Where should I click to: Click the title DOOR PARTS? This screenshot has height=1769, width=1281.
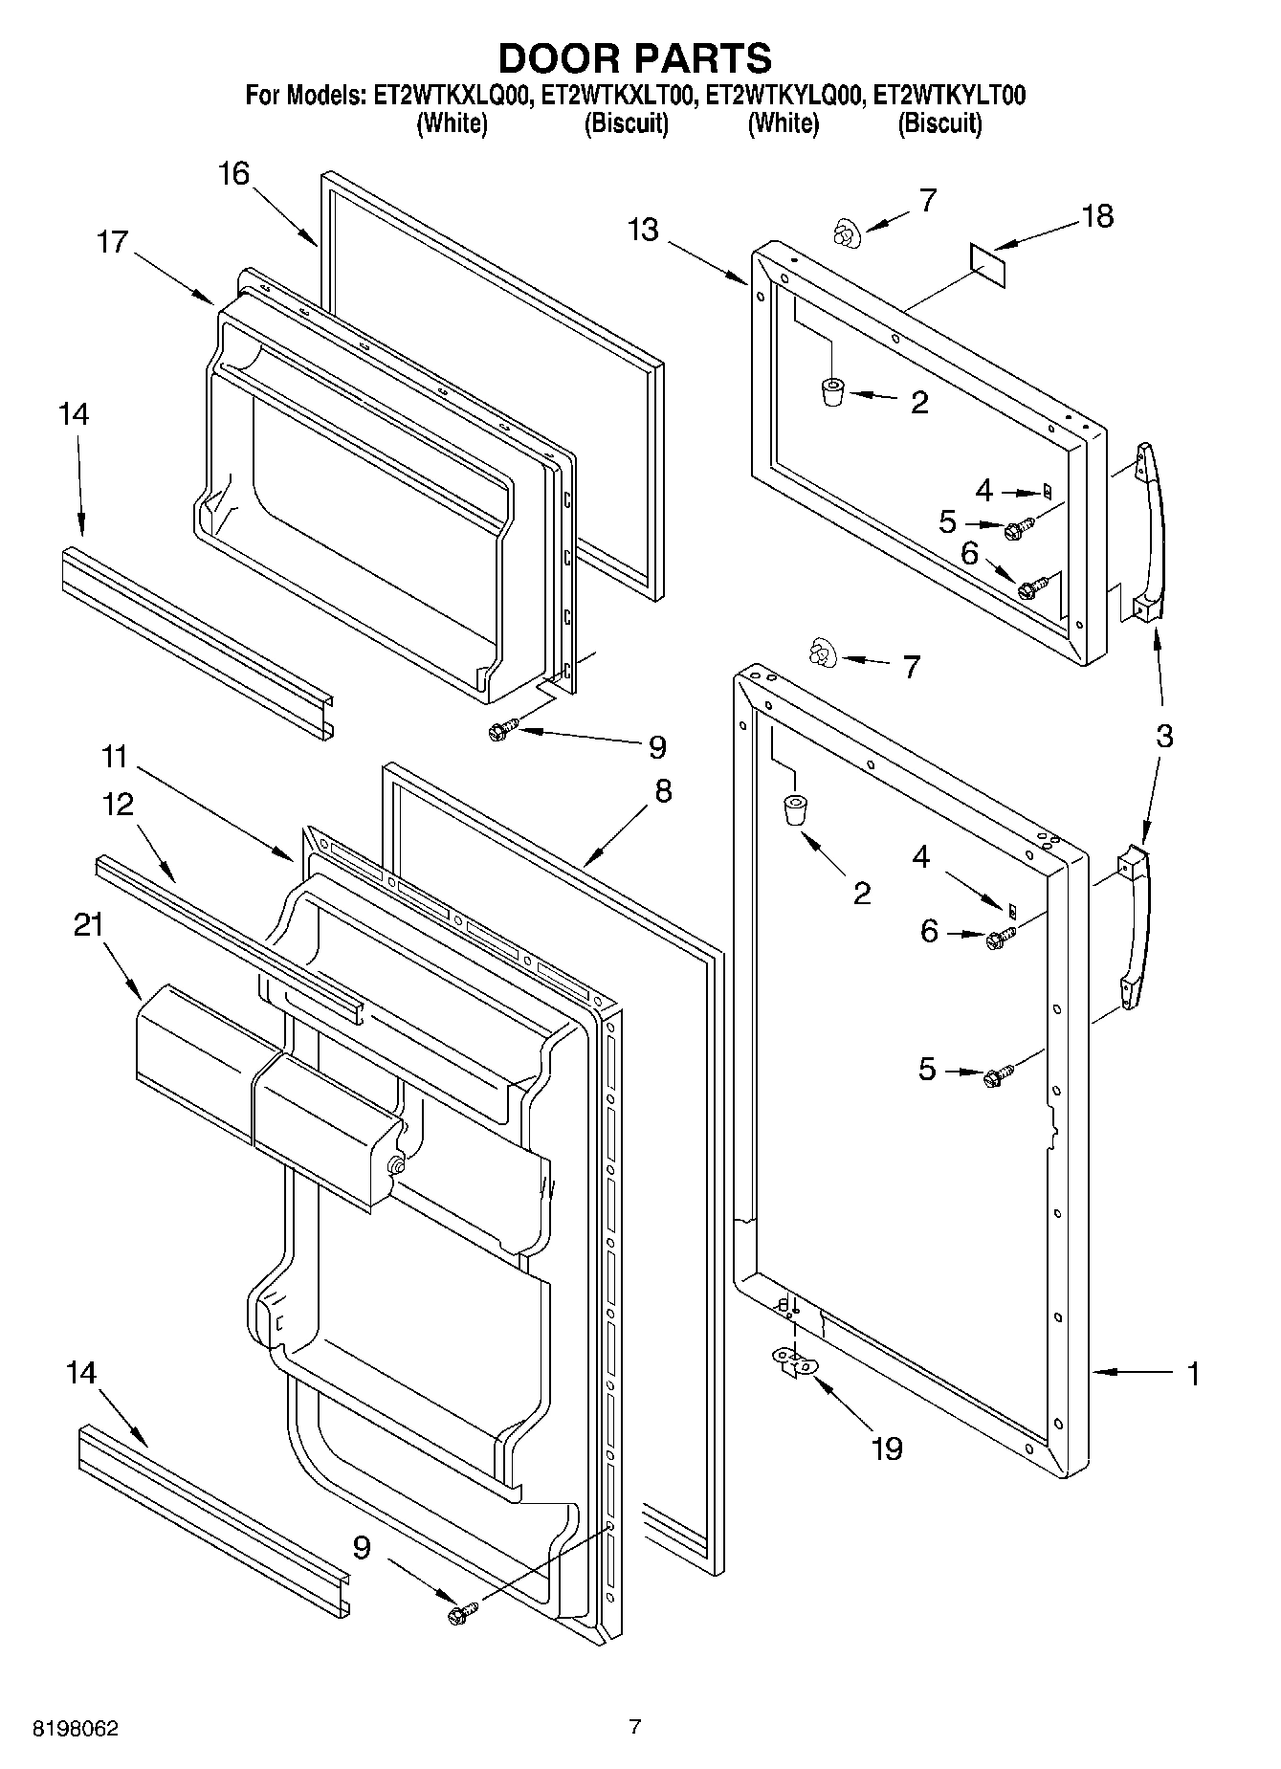[x=634, y=58]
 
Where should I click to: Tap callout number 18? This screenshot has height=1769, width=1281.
[x=1099, y=216]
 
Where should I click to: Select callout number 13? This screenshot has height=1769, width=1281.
[x=644, y=231]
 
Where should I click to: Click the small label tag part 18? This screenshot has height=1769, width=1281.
[x=988, y=264]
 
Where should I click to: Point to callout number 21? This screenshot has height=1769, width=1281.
[x=88, y=925]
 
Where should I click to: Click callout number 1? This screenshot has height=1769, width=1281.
[x=1192, y=1374]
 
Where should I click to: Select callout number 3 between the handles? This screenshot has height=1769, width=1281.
[x=1163, y=736]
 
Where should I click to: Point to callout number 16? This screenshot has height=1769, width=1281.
[x=232, y=174]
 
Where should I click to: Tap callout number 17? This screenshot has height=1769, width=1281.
[x=112, y=242]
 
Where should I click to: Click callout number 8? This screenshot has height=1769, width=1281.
[x=663, y=790]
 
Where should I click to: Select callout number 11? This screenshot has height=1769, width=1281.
[x=114, y=757]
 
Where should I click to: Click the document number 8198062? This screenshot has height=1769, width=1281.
[x=76, y=1729]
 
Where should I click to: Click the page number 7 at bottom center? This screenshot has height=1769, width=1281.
[x=633, y=1727]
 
